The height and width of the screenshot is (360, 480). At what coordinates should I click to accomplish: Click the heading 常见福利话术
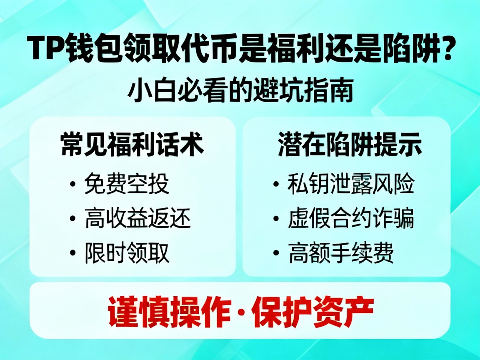[132, 145]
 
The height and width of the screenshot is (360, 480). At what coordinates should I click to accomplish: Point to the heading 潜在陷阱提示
[350, 145]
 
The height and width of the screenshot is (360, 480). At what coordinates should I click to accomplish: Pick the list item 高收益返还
[138, 218]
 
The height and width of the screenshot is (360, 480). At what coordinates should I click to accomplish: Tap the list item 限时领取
[127, 252]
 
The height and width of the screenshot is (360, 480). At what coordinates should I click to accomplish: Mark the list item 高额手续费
[341, 252]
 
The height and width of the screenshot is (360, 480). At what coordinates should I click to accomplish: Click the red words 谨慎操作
[169, 312]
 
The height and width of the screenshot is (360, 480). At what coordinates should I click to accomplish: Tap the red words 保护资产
[312, 312]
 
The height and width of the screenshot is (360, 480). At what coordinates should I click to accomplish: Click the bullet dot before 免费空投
[73, 184]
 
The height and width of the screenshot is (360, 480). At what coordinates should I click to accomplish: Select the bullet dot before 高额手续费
[277, 253]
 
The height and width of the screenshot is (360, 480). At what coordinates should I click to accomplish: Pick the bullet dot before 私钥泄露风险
[277, 184]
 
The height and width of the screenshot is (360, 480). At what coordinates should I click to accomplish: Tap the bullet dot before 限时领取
[73, 253]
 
